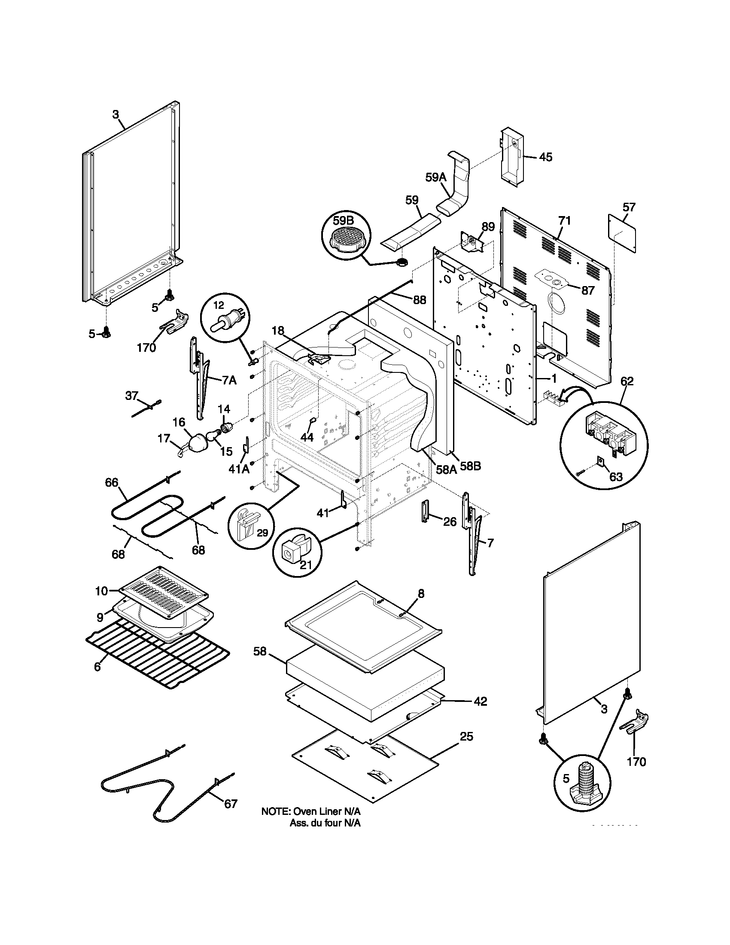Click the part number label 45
(546, 157)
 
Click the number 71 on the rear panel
(564, 221)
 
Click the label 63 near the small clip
(616, 476)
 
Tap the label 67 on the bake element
(231, 804)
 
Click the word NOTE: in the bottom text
(275, 811)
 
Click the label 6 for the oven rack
(97, 667)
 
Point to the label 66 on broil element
(112, 482)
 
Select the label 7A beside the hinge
(229, 381)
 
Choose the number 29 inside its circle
(262, 533)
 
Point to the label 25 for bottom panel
(466, 736)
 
